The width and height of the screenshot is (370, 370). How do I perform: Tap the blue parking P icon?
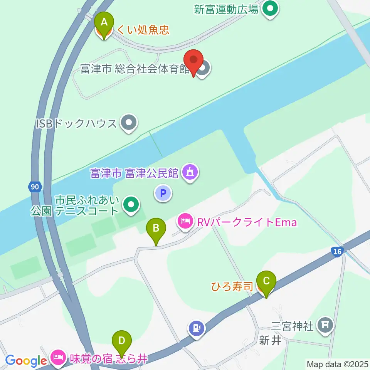[x=163, y=193]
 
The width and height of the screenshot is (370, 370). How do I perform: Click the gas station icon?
[x=197, y=328]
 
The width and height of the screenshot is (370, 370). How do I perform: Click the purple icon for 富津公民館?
[x=190, y=172]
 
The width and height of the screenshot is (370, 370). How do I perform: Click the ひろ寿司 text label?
[x=232, y=286]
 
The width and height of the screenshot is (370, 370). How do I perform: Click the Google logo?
[x=26, y=361]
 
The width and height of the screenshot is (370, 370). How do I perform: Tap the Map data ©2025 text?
[x=337, y=364]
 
